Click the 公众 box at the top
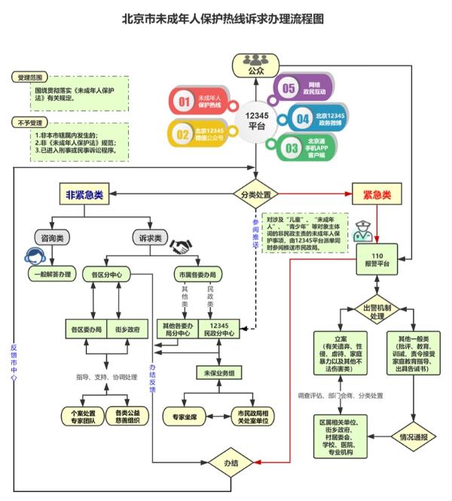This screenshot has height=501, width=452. click(x=256, y=64)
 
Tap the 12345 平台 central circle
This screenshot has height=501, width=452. click(x=256, y=120)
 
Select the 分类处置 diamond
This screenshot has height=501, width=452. click(x=256, y=195)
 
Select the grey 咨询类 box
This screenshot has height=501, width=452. click(x=51, y=238)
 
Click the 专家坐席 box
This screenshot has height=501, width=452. click(x=183, y=414)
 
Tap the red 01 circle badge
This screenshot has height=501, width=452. click(x=182, y=101)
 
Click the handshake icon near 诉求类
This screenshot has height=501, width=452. click(x=182, y=246)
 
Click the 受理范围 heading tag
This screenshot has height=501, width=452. click(x=32, y=77)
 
